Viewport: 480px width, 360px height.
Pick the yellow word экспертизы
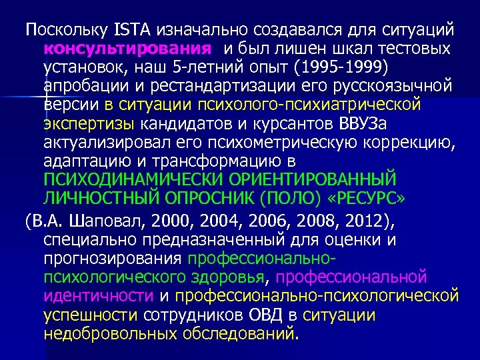point(89,124)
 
